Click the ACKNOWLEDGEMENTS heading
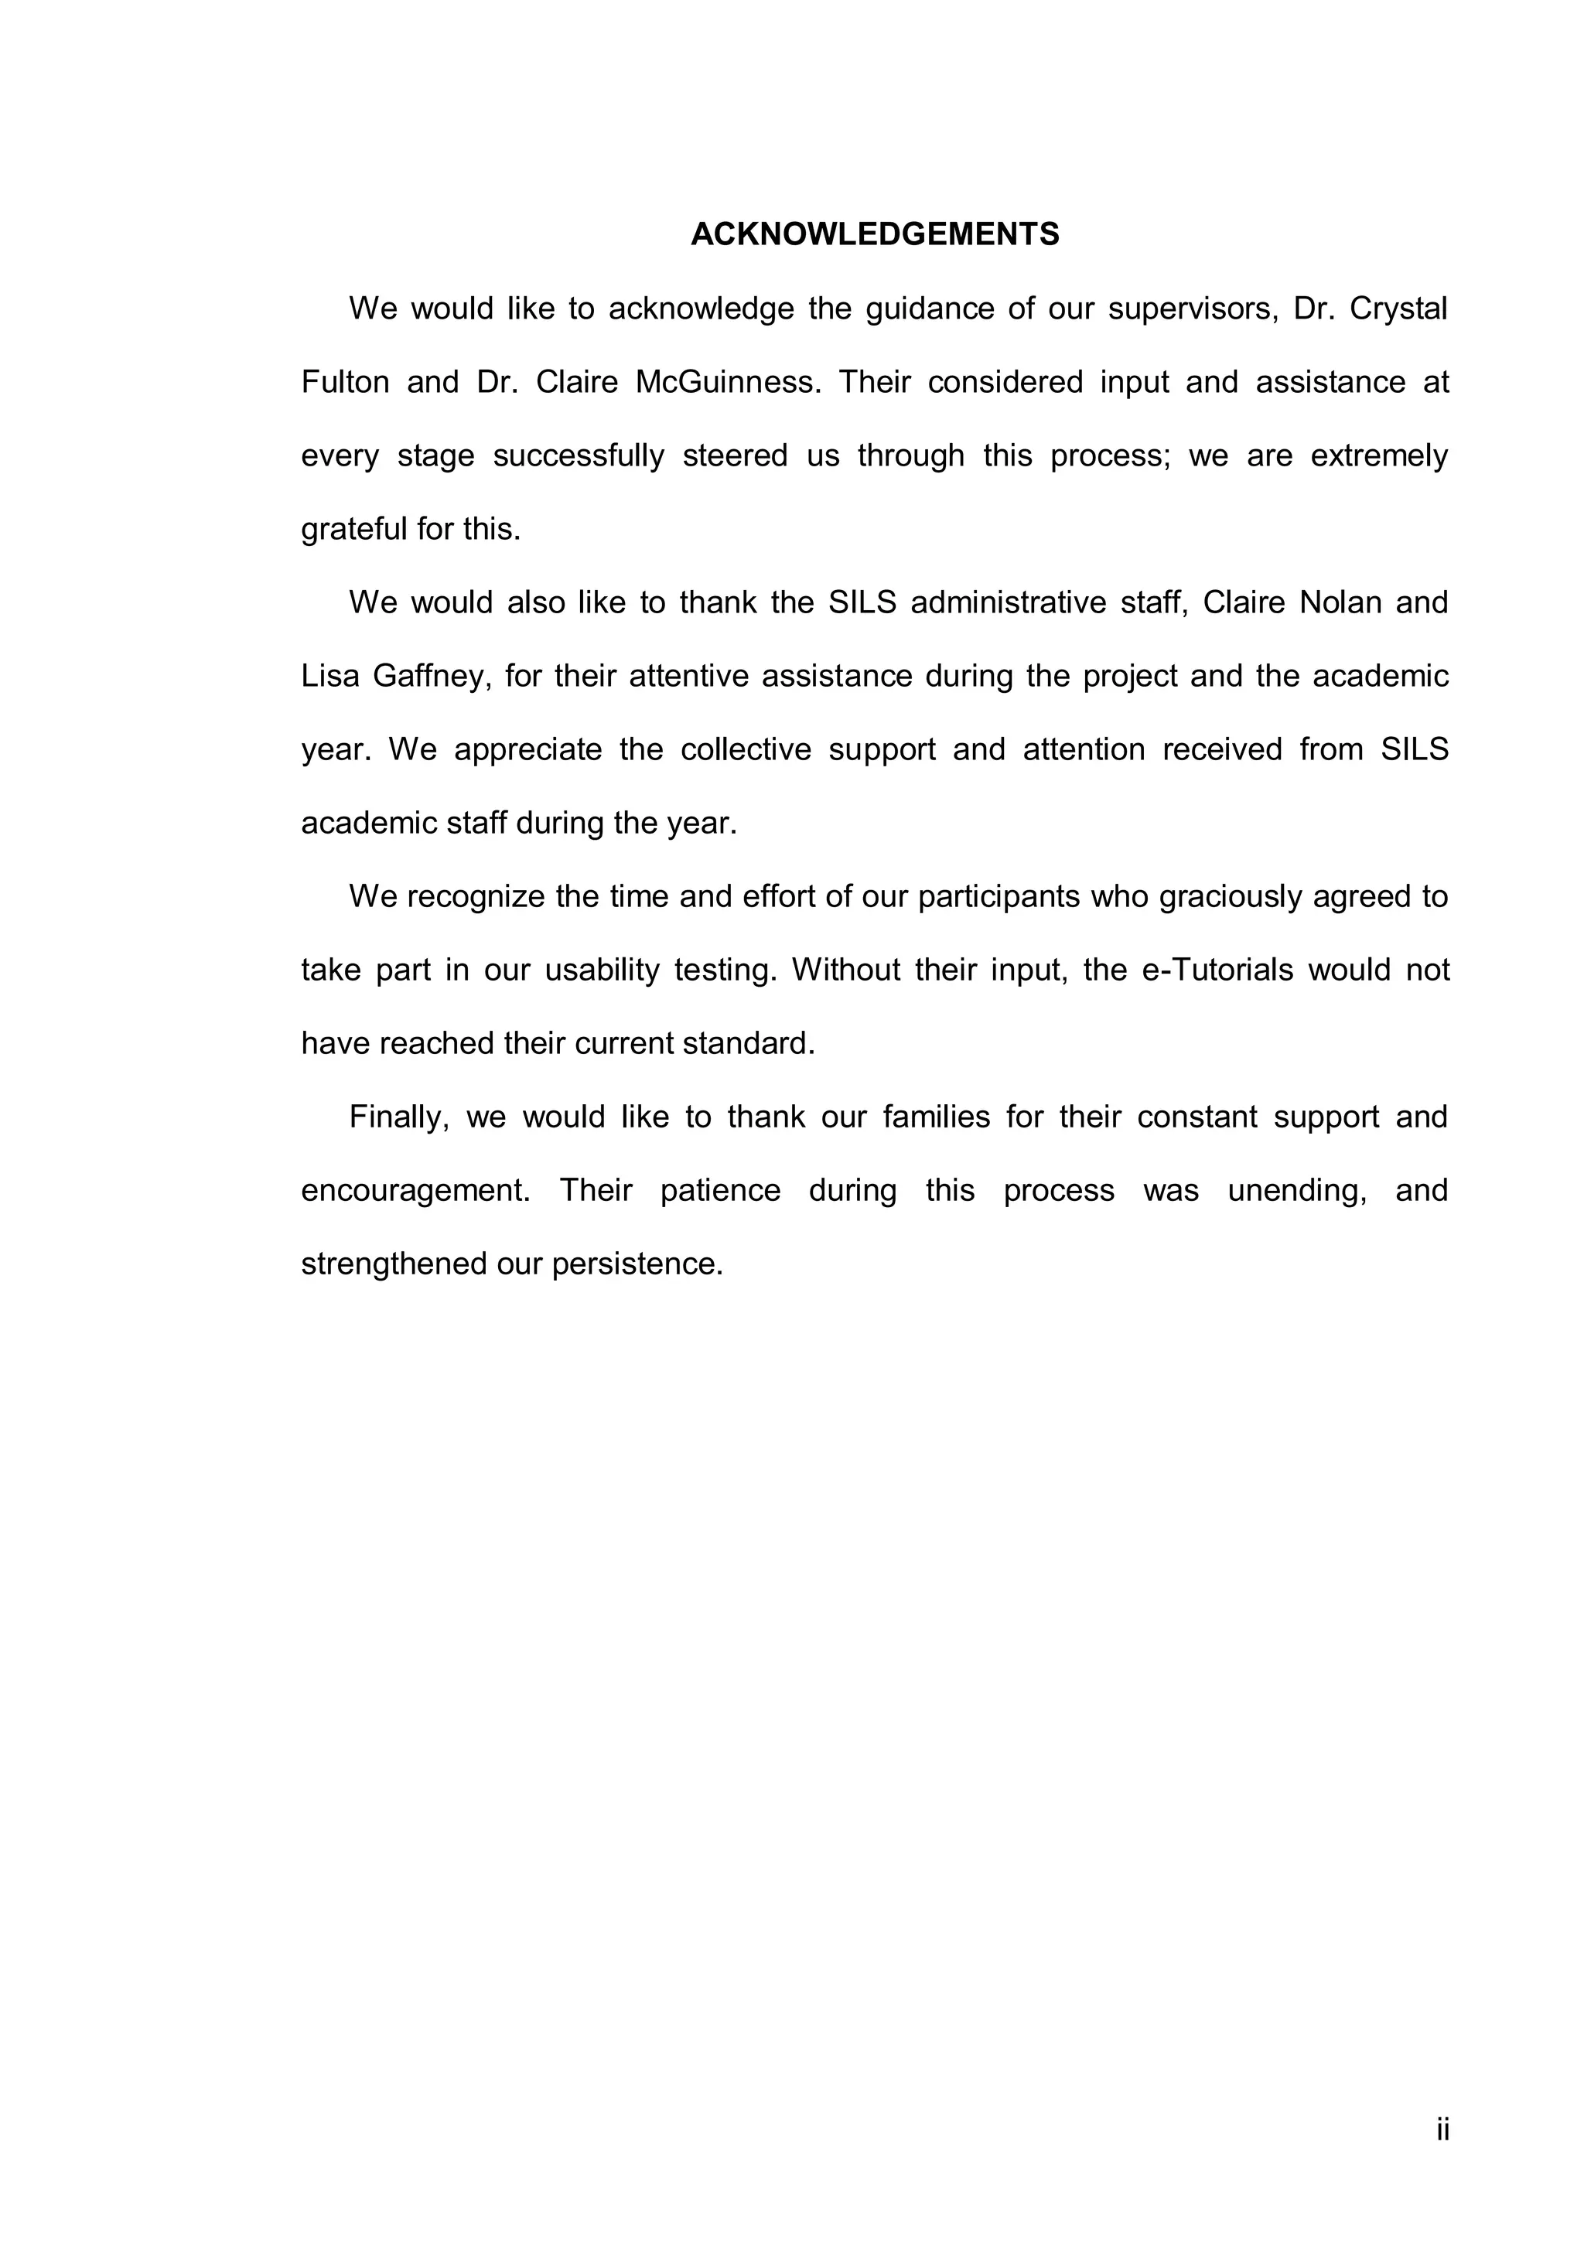pyautogui.click(x=875, y=234)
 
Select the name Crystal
pyautogui.click(x=1398, y=309)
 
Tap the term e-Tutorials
pyautogui.click(x=1216, y=970)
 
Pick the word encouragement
pyautogui.click(x=415, y=1191)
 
